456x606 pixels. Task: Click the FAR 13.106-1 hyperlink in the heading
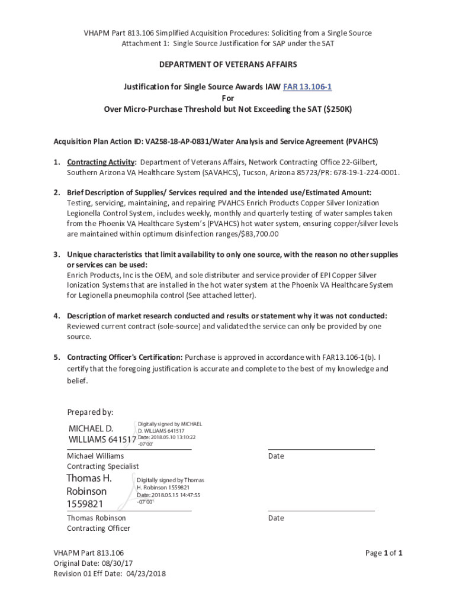point(307,87)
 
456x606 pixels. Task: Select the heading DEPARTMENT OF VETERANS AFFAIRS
point(227,64)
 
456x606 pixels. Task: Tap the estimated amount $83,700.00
point(258,234)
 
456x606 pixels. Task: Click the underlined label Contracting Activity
point(101,162)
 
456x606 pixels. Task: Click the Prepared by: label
point(90,412)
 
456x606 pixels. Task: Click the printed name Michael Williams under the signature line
point(95,456)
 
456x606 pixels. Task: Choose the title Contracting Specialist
point(102,466)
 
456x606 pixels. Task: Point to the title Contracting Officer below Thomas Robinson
point(98,528)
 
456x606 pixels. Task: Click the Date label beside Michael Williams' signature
point(276,456)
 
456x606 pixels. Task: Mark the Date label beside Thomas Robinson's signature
point(276,518)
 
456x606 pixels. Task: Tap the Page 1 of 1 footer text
point(384,553)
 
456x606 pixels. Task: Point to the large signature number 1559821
point(85,504)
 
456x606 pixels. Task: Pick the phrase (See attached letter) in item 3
point(220,295)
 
